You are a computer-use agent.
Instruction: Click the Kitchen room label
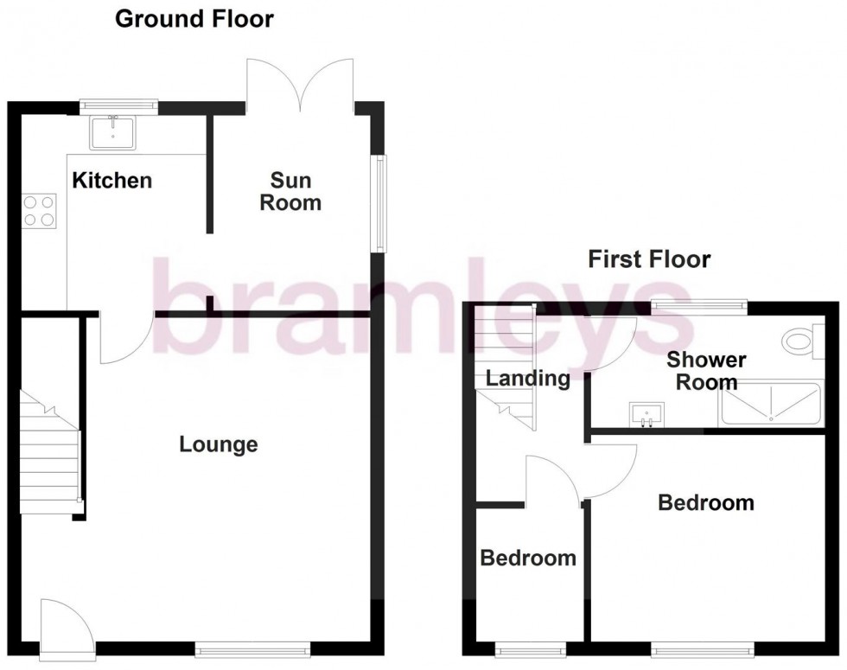(x=111, y=181)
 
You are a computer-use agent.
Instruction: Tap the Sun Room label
(x=290, y=192)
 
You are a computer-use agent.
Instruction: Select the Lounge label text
(x=219, y=444)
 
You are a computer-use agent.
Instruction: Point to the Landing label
(x=527, y=378)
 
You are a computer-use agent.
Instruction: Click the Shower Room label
(x=706, y=370)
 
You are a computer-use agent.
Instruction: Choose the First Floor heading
(x=649, y=258)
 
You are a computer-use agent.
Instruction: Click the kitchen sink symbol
(x=112, y=131)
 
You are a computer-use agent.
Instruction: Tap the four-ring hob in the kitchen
(x=39, y=211)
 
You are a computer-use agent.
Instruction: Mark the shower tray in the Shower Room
(x=769, y=404)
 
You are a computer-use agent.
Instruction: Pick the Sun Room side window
(x=379, y=203)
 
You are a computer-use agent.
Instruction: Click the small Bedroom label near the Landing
(x=528, y=558)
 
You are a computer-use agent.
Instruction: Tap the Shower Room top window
(x=698, y=304)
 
